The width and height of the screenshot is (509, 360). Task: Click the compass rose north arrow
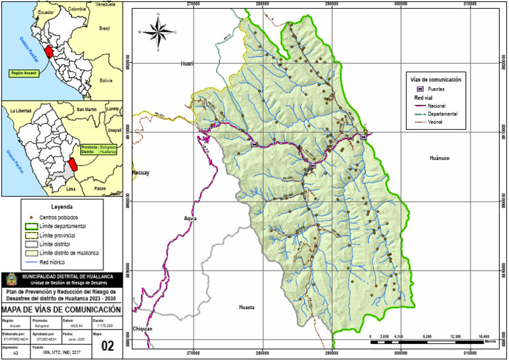tap(158, 31)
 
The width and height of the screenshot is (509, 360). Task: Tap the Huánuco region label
tap(439, 158)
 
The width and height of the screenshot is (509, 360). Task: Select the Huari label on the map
tap(186, 64)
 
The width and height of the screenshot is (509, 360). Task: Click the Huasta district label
tap(247, 308)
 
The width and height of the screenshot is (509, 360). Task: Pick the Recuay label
tap(141, 172)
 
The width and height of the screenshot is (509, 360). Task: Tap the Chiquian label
tap(142, 329)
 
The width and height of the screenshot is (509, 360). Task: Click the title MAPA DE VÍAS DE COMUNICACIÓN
tap(61, 310)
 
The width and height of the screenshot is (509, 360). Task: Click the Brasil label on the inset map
tap(103, 29)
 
